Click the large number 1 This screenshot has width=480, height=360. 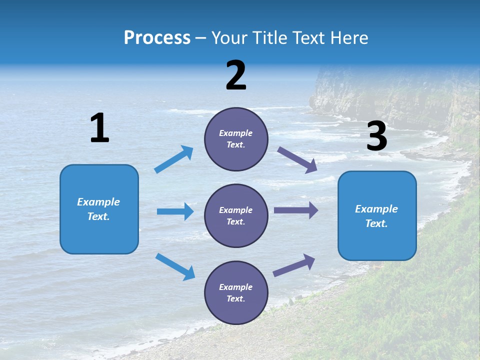pyautogui.click(x=100, y=128)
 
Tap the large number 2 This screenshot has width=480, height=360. pyautogui.click(x=236, y=75)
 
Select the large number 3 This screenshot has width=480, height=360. pyautogui.click(x=377, y=136)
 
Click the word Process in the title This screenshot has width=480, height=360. pyautogui.click(x=157, y=37)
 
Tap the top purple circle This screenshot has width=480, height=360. pyautogui.click(x=236, y=139)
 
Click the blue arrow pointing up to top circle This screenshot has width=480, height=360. pyautogui.click(x=174, y=159)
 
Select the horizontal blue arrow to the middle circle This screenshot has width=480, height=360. pyautogui.click(x=175, y=211)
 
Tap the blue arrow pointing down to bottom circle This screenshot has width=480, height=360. pyautogui.click(x=175, y=266)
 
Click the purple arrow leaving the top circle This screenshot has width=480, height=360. pyautogui.click(x=297, y=159)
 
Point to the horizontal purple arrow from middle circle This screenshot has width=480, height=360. pyautogui.click(x=295, y=210)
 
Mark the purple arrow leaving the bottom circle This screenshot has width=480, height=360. pyautogui.click(x=294, y=265)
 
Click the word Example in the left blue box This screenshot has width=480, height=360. pyautogui.click(x=98, y=202)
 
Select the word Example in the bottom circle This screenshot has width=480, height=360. pyautogui.click(x=236, y=287)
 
